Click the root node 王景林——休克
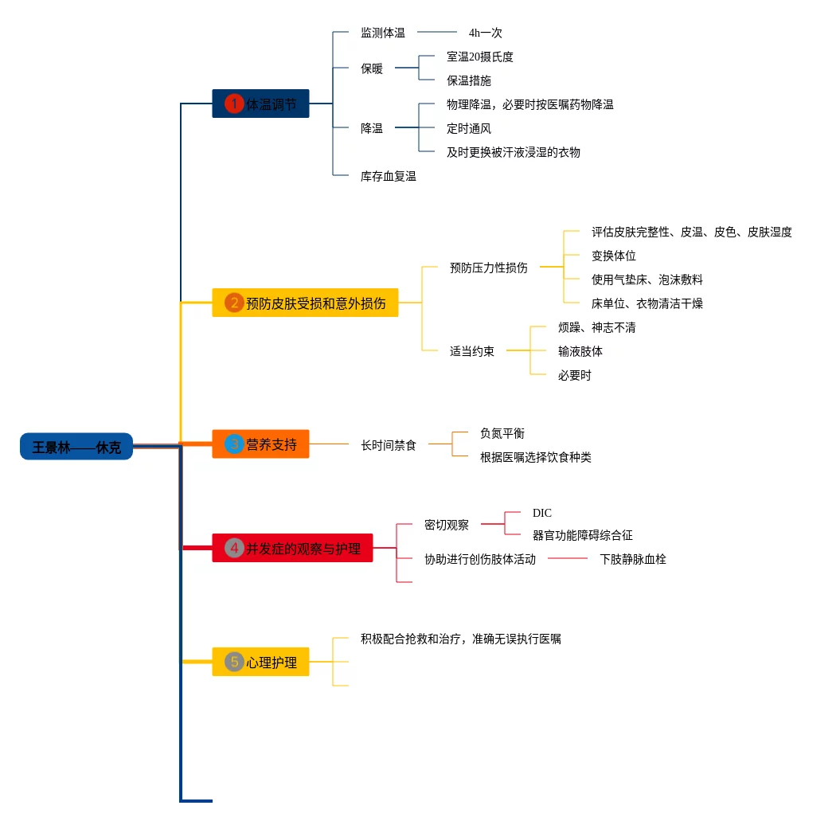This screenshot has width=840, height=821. [x=76, y=447]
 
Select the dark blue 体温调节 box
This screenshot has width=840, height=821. [x=260, y=104]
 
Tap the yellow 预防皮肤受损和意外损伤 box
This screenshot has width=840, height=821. [x=305, y=303]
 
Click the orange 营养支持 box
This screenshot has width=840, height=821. [x=260, y=444]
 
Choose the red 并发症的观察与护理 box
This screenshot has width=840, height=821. [x=292, y=548]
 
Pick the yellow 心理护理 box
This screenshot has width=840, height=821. [x=260, y=662]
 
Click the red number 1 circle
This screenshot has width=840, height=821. [x=234, y=104]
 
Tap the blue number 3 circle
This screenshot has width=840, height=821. [x=234, y=444]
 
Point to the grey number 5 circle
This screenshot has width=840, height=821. [x=234, y=662]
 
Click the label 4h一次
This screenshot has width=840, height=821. [x=485, y=33]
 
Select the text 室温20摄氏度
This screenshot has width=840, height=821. [x=479, y=57]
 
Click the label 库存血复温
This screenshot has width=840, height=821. [x=388, y=176]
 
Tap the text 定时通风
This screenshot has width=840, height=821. [x=468, y=128]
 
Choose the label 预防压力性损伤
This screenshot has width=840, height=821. [x=488, y=268]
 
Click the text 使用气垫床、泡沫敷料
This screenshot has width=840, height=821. [x=647, y=280]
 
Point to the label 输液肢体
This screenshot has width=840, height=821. [x=580, y=351]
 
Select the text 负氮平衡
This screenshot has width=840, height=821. [x=502, y=433]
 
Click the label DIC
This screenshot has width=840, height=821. [x=541, y=513]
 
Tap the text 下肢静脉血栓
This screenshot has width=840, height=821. [x=632, y=559]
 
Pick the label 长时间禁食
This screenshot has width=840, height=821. [x=388, y=445]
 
